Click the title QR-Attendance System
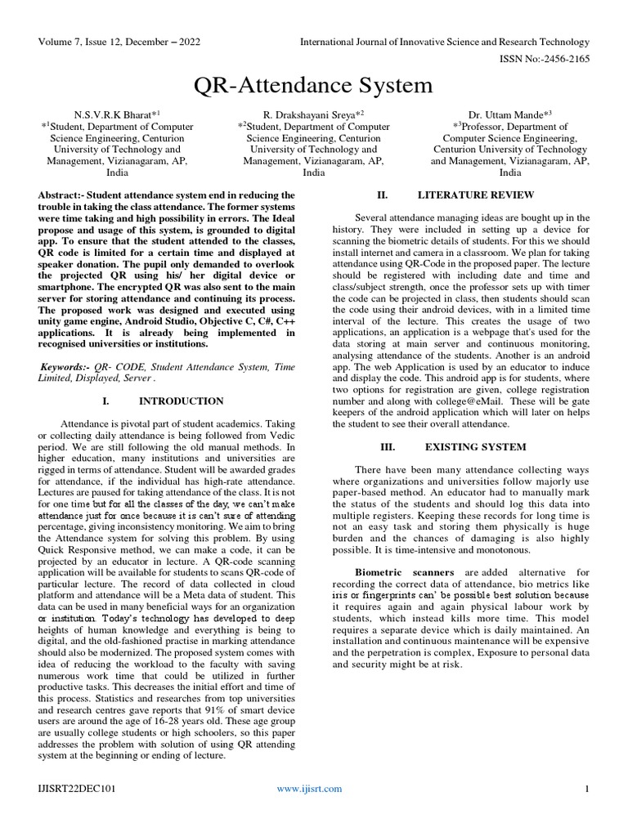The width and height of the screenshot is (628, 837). click(x=313, y=86)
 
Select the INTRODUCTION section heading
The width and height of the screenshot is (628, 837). click(x=182, y=401)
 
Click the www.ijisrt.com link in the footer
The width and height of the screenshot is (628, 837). click(x=309, y=789)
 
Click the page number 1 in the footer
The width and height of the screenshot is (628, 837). click(x=586, y=789)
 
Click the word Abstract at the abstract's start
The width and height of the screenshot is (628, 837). click(x=62, y=195)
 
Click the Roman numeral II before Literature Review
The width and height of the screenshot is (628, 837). click(x=381, y=195)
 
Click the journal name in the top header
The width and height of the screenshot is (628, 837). click(x=445, y=42)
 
